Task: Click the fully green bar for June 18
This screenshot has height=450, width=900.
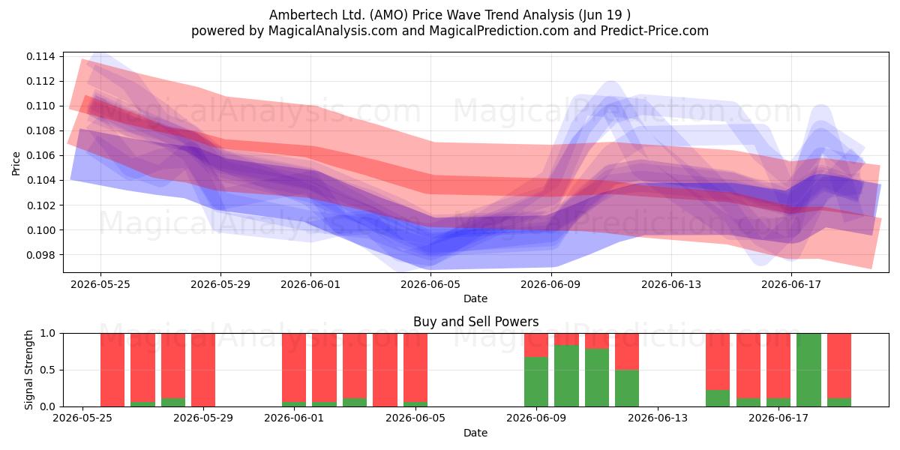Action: pos(808,370)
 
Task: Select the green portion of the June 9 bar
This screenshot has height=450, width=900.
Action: pos(536,382)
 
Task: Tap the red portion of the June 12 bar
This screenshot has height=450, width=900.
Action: pos(627,352)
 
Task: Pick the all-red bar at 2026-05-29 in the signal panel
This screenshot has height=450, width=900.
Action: pos(203,370)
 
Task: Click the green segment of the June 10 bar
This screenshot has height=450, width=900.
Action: pos(566,376)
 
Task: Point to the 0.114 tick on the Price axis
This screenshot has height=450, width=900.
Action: pos(40,56)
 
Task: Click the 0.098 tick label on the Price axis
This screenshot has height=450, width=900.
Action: pos(40,255)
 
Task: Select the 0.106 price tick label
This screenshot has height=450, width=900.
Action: pos(40,155)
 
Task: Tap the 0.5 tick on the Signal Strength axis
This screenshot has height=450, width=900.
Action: pos(48,370)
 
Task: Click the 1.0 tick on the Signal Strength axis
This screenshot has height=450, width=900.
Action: pos(48,334)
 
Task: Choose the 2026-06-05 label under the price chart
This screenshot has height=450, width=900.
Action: pos(430,284)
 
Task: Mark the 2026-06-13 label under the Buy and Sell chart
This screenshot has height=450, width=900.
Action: pos(658,418)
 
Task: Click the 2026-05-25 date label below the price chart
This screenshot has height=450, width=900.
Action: pos(100,284)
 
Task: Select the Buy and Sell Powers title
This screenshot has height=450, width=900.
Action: pos(475,322)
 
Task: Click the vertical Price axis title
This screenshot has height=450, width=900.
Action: pos(16,163)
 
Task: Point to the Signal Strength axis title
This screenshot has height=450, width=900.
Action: pos(28,370)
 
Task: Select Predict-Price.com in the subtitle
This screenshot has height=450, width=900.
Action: pos(655,31)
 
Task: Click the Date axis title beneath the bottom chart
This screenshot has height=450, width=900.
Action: pos(475,433)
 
